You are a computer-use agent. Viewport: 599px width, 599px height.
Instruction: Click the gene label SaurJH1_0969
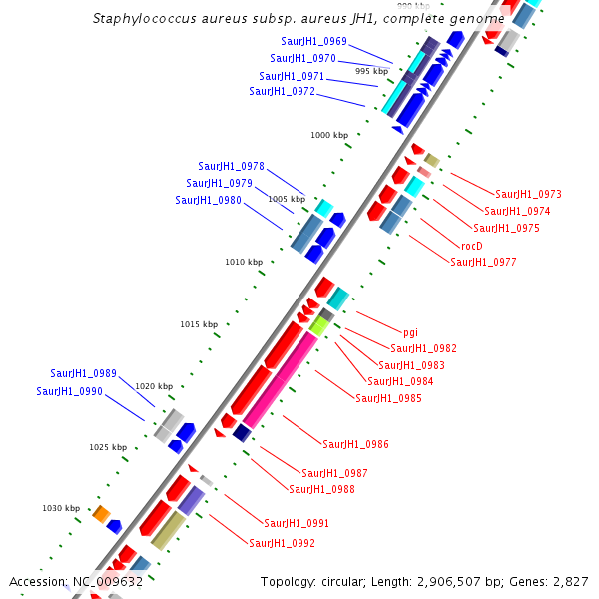[314, 41]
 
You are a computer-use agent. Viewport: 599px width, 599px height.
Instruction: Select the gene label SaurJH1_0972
[283, 91]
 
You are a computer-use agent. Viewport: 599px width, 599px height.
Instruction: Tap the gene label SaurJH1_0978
[232, 166]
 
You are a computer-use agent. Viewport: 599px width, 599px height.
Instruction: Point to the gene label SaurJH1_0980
[209, 200]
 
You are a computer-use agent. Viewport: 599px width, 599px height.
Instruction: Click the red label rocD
[472, 245]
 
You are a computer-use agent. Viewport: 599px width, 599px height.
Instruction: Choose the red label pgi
[410, 332]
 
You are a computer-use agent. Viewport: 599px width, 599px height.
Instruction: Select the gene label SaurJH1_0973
[528, 194]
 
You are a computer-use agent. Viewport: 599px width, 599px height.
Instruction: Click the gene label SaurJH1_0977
[484, 262]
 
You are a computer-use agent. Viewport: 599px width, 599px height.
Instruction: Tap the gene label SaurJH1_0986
[356, 444]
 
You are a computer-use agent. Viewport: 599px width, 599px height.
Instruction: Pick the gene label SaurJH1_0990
[70, 391]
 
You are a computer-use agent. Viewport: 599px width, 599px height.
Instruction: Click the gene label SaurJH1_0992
[283, 543]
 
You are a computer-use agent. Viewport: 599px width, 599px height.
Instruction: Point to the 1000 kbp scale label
[329, 135]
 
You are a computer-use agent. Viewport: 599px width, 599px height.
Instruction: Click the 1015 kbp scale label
[198, 324]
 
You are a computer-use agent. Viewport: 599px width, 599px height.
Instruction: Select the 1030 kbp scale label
[60, 508]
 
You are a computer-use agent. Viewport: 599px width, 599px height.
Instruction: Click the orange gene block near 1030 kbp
[101, 513]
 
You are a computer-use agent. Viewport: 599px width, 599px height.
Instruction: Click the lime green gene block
[319, 325]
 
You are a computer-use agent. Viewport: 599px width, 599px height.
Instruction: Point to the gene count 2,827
[570, 582]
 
